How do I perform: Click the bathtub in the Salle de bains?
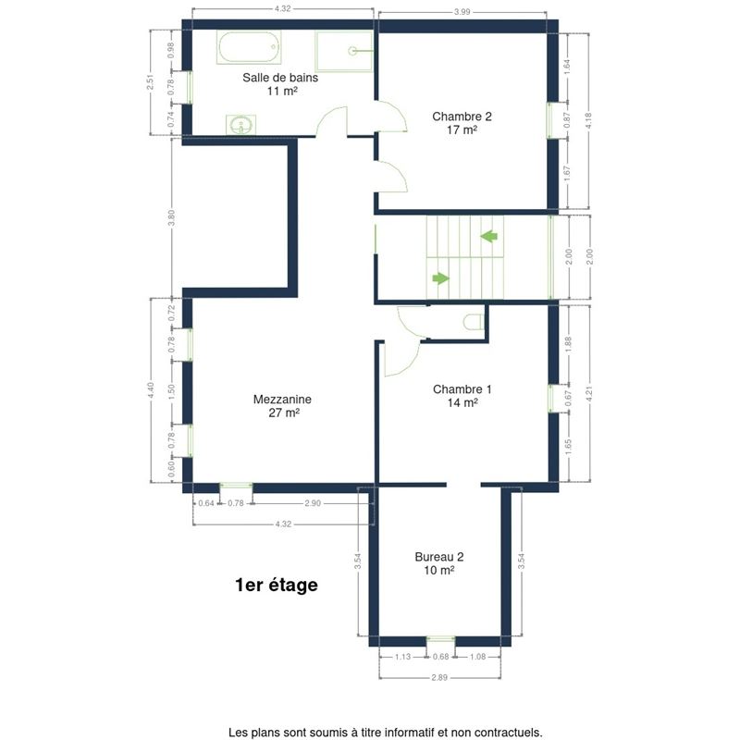click(x=249, y=47)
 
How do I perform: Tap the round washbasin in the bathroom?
click(x=241, y=125)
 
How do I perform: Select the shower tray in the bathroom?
click(x=344, y=52)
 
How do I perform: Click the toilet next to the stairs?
click(x=474, y=322)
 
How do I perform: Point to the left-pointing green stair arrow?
click(x=489, y=236)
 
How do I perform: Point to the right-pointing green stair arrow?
click(x=441, y=278)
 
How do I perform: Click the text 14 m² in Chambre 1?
click(x=462, y=402)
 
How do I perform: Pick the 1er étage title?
click(x=276, y=585)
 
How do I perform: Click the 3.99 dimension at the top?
click(x=462, y=12)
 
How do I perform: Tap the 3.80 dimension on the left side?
click(x=171, y=217)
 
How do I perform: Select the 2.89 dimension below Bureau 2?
click(x=439, y=677)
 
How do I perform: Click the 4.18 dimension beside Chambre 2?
click(x=588, y=121)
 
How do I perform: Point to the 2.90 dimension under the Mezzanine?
click(x=313, y=503)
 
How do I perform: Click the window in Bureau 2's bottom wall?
click(x=441, y=639)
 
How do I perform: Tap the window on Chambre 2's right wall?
click(x=550, y=121)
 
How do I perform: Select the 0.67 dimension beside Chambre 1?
click(x=568, y=399)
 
